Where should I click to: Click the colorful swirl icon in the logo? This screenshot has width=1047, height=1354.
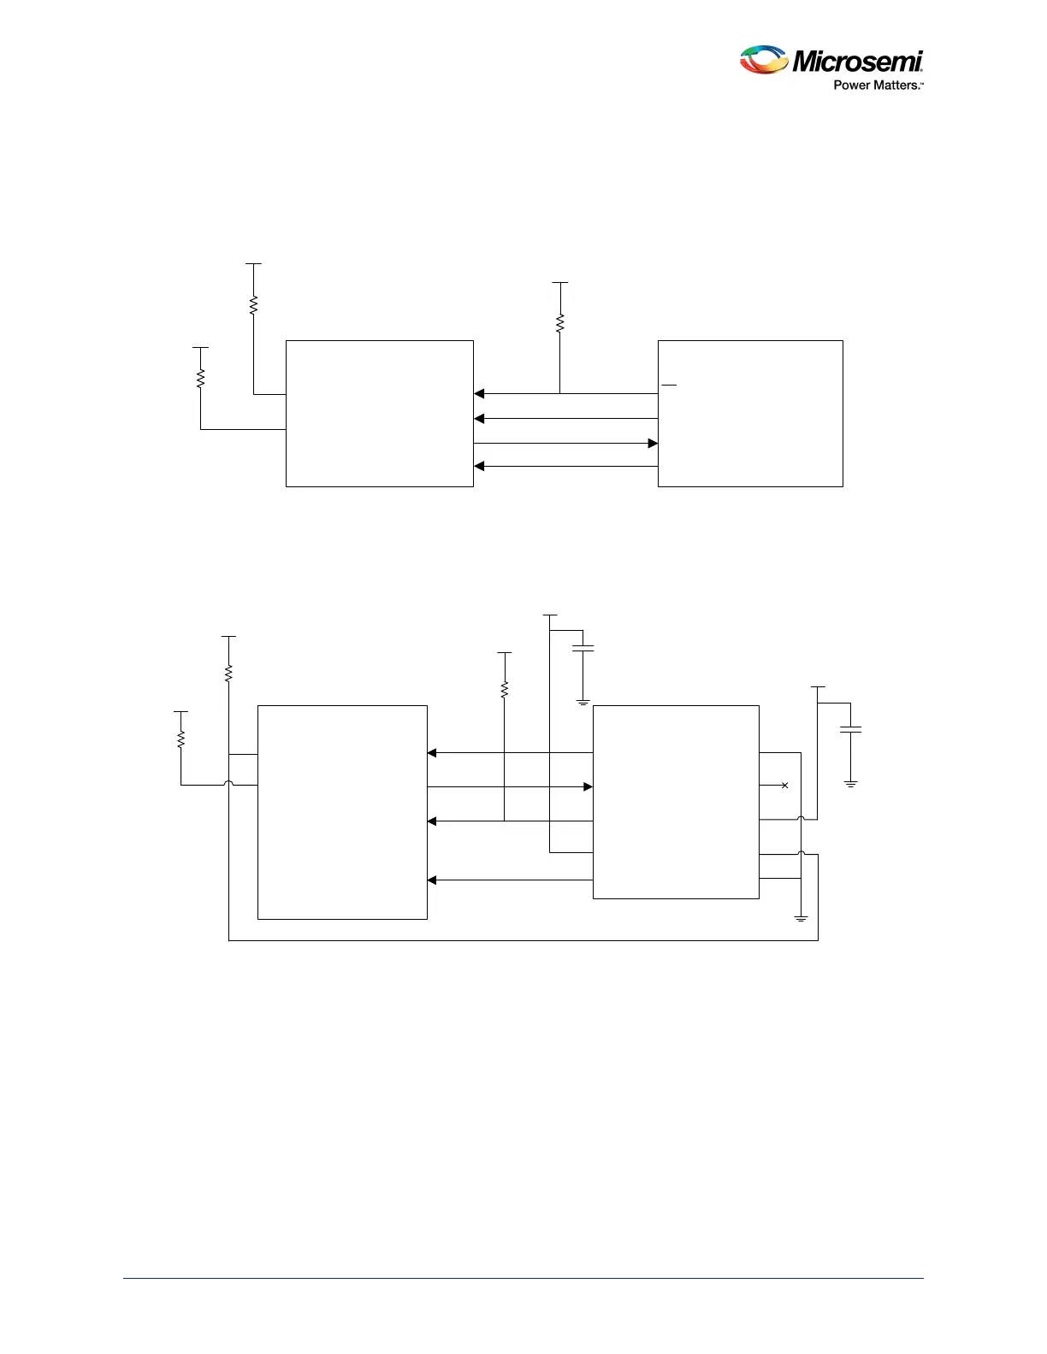click(x=763, y=60)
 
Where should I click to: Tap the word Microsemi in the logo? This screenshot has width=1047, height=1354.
click(x=857, y=62)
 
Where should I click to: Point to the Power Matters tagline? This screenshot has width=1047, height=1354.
click(x=878, y=85)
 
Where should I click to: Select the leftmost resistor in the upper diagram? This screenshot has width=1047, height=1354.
click(x=200, y=379)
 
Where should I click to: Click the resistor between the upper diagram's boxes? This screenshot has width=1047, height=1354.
click(x=560, y=324)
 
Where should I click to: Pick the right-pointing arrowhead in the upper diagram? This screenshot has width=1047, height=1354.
click(x=653, y=444)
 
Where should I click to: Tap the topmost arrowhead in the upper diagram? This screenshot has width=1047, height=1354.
click(x=479, y=394)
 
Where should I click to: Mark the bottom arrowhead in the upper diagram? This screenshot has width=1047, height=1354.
click(x=479, y=467)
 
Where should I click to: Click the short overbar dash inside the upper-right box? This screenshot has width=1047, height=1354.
click(x=669, y=386)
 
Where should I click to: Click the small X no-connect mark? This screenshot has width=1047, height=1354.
click(x=785, y=786)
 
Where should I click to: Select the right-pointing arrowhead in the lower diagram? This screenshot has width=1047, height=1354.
click(x=588, y=786)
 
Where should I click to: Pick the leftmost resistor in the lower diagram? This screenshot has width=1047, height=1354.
click(x=180, y=739)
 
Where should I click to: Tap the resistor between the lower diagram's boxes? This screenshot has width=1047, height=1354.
click(x=505, y=689)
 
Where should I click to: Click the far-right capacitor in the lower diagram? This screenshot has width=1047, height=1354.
click(x=850, y=729)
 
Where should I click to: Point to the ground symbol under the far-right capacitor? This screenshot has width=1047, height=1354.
click(x=850, y=783)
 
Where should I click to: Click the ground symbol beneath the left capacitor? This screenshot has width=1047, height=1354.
click(x=583, y=702)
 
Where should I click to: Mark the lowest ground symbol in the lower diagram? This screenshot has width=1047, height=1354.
click(x=802, y=918)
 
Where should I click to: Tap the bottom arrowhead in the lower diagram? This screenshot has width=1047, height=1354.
click(x=432, y=880)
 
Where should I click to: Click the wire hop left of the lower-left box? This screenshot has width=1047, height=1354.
click(x=228, y=783)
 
